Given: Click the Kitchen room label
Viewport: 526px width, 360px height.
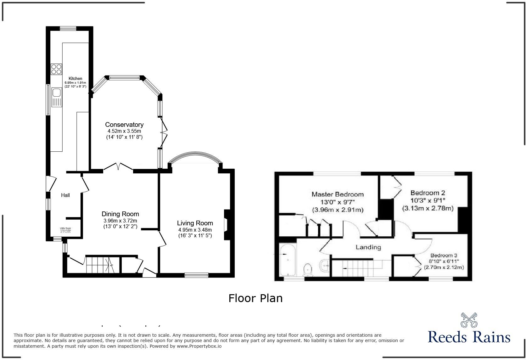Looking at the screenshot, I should [76, 78].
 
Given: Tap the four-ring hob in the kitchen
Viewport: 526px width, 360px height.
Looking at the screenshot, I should [56, 69].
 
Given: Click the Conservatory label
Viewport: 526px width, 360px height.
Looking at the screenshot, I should [124, 125].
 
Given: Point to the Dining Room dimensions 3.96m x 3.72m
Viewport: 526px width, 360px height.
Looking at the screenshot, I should [120, 221].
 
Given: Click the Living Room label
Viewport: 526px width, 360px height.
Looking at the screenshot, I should [195, 223].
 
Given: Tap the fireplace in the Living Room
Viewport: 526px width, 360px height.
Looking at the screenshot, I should [227, 225].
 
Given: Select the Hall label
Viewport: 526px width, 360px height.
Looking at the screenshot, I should [65, 195].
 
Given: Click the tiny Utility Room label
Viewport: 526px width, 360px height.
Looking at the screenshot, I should [66, 228].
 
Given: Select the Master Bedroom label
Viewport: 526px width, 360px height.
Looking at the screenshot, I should [338, 194].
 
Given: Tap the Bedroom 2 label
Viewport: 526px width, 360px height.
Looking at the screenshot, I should [428, 193].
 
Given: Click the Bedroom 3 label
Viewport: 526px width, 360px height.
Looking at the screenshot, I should [444, 256].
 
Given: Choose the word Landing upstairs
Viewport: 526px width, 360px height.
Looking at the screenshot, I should [368, 247].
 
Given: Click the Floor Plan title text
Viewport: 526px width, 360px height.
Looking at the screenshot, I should [255, 298].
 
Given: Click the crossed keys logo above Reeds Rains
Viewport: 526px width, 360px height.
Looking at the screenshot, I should [469, 320].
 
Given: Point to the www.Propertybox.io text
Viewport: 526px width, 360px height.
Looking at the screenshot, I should [199, 346].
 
